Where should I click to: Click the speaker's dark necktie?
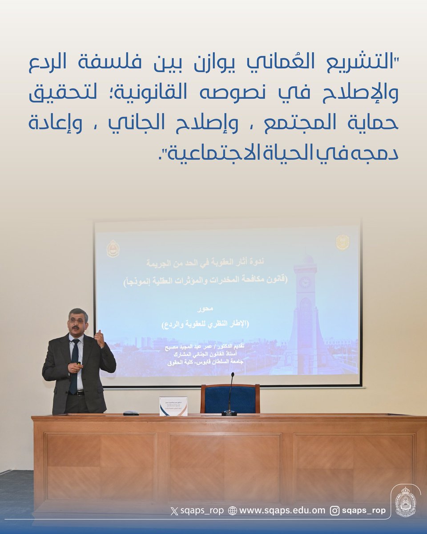[74, 365]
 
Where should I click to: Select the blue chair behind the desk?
[230, 399]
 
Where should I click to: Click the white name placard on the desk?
[173, 406]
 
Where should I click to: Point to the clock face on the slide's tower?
[305, 282]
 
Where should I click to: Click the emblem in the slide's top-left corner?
[113, 249]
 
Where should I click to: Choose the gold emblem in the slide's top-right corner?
[342, 243]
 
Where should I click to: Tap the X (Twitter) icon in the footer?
[174, 511]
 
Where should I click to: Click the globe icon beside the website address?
[232, 511]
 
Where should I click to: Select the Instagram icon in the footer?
[335, 511]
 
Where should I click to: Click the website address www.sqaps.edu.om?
[282, 511]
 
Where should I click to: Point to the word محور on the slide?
[205, 308]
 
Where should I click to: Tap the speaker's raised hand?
[99, 338]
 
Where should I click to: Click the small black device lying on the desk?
[131, 413]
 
